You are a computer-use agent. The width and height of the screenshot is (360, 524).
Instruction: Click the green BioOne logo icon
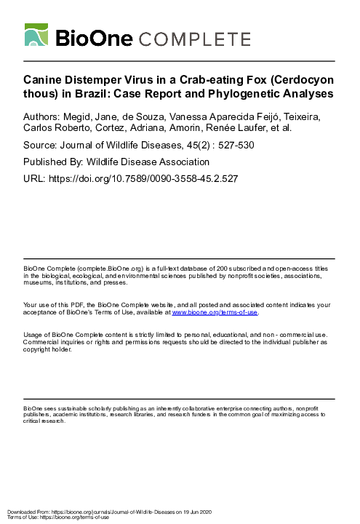[39, 36]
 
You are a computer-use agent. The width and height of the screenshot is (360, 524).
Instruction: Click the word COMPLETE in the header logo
[197, 39]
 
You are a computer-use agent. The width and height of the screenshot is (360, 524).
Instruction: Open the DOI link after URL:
[145, 178]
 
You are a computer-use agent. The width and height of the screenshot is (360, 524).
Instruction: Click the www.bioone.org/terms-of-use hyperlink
[215, 312]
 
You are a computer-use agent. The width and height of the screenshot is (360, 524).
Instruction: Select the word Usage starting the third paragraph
[33, 333]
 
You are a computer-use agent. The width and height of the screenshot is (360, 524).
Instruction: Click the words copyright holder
[47, 349]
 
